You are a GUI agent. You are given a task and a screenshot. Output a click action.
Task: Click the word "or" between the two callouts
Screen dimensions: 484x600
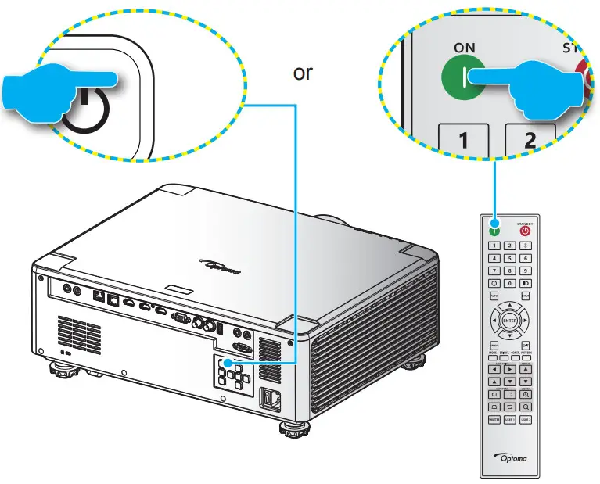click(302, 73)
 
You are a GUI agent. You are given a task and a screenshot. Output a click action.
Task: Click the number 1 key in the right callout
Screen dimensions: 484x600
click(464, 140)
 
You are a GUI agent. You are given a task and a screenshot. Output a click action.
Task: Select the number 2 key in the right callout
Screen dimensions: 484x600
click(530, 141)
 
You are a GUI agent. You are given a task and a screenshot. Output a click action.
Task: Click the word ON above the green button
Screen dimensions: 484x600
click(465, 48)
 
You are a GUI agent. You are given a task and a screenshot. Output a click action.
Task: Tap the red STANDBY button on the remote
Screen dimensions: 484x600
click(525, 231)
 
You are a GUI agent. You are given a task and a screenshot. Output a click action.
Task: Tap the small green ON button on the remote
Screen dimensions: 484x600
click(494, 230)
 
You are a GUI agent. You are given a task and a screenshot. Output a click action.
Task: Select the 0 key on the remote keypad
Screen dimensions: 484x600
click(509, 283)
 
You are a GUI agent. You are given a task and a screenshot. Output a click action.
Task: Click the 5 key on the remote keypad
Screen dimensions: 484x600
click(509, 258)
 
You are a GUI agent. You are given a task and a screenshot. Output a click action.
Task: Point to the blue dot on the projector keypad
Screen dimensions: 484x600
click(225, 363)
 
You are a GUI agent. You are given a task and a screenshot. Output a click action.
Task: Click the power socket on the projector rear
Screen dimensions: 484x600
click(269, 397)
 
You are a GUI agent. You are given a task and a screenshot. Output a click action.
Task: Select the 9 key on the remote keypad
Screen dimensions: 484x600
click(525, 271)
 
